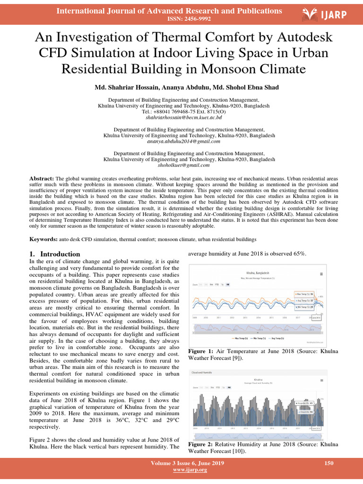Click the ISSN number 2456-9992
pyautogui.click(x=189, y=19)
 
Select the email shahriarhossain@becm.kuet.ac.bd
pyautogui.click(x=184, y=117)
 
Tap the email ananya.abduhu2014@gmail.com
pyautogui.click(x=184, y=141)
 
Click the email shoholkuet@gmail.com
pyautogui.click(x=184, y=165)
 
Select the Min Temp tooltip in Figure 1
pyautogui.click(x=307, y=307)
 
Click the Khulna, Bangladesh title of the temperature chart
pyautogui.click(x=258, y=273)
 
